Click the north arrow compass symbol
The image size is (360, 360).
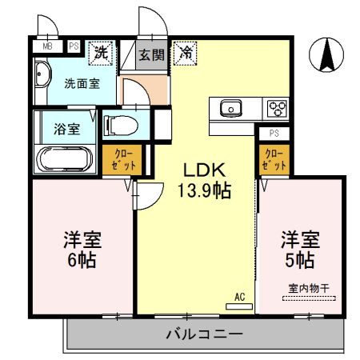click(x=328, y=55)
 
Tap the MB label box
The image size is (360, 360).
click(x=46, y=47)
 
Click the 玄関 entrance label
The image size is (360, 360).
click(x=151, y=54)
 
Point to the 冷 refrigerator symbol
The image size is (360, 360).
click(x=185, y=54)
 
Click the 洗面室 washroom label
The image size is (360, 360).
click(x=82, y=82)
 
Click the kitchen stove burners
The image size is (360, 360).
click(x=276, y=108)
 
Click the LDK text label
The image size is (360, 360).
click(x=206, y=170)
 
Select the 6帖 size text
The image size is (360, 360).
click(x=82, y=260)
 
